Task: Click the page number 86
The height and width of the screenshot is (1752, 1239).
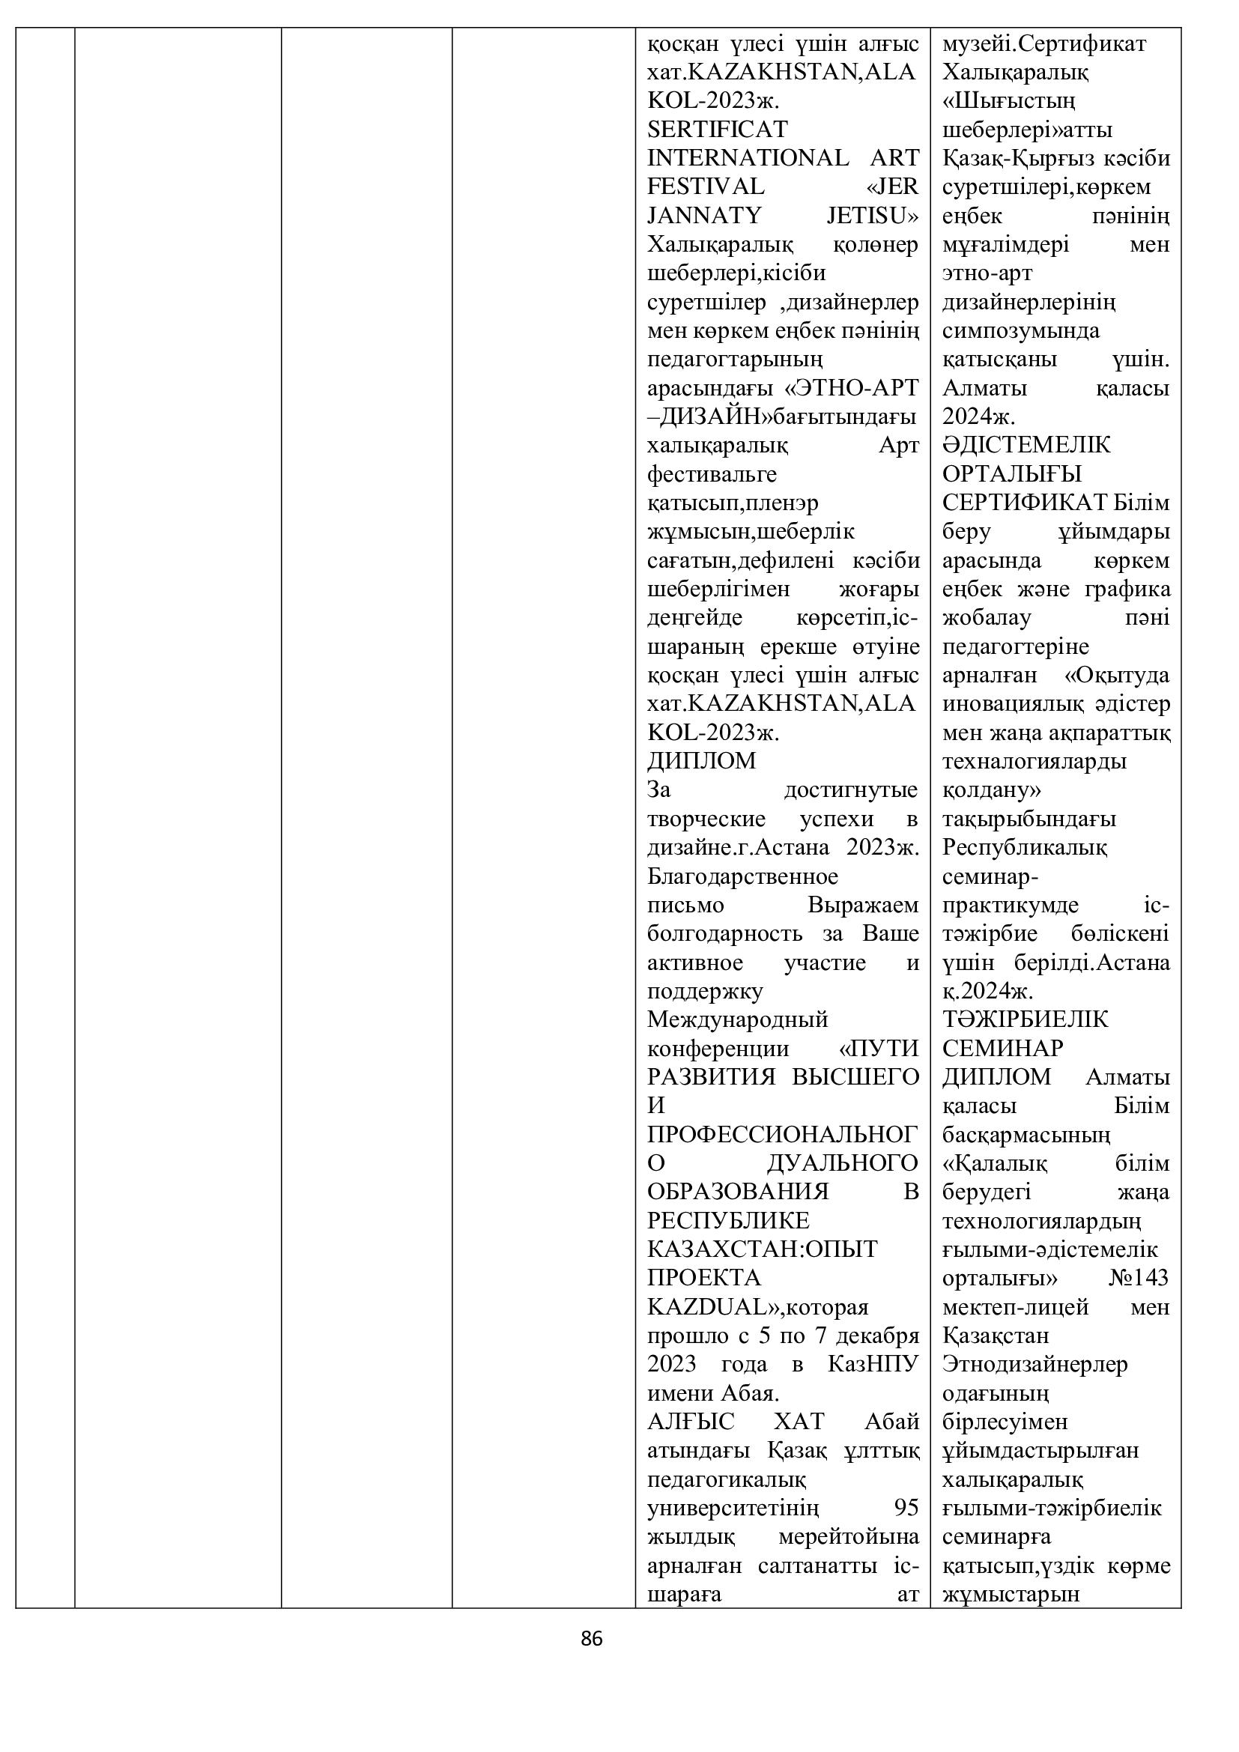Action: (591, 1638)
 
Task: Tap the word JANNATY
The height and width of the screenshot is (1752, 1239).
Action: (704, 216)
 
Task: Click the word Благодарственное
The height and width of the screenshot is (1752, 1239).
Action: (742, 876)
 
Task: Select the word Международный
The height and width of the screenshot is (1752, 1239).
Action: (737, 1019)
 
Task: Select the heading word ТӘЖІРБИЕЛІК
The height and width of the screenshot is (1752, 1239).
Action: (1025, 1019)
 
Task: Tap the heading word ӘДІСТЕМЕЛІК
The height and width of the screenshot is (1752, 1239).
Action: (1026, 445)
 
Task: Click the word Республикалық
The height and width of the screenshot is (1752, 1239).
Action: (1025, 847)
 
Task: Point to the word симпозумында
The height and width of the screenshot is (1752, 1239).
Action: (1021, 331)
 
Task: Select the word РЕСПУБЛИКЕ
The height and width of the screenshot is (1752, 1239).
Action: (728, 1221)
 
